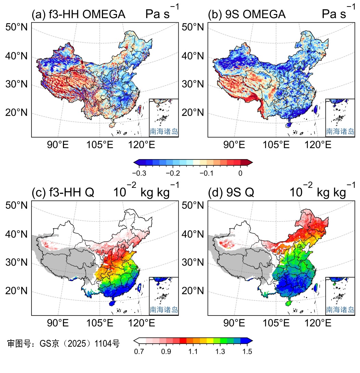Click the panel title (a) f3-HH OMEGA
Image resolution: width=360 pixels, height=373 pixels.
(x=78, y=15)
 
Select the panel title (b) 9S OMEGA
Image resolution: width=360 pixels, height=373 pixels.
(x=247, y=15)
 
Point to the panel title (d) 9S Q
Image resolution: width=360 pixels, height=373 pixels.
(x=231, y=193)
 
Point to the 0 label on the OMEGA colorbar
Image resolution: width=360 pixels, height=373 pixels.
(x=240, y=173)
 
